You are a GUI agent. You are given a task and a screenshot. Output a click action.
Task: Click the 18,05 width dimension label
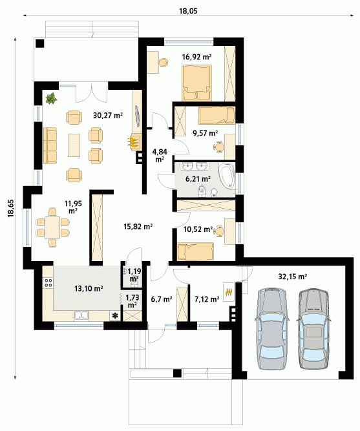[188, 11]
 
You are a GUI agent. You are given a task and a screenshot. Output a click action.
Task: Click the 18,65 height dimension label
[11, 208]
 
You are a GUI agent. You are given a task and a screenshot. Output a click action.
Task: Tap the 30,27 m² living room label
[108, 115]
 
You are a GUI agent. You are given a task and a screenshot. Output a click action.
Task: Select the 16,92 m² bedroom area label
[196, 57]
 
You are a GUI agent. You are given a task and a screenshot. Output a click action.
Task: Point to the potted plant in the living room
[51, 98]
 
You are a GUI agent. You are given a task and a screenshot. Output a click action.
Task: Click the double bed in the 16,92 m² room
[196, 83]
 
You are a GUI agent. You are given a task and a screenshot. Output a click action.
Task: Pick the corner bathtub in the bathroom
[228, 176]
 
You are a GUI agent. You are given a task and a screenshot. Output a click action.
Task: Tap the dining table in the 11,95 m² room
[52, 227]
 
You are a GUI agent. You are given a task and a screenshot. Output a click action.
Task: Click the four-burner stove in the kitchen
[48, 282]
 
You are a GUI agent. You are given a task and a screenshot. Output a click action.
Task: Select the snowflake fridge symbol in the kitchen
[114, 316]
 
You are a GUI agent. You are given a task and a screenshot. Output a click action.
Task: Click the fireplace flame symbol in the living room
[133, 142]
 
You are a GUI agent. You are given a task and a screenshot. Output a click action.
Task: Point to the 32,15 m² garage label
[293, 277]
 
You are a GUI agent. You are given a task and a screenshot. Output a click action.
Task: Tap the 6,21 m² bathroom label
[198, 179]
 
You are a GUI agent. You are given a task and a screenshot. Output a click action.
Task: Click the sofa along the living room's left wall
[50, 145]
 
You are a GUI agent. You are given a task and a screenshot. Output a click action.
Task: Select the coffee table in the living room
[74, 145]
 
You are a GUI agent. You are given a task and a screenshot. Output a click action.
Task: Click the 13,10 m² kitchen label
[89, 289]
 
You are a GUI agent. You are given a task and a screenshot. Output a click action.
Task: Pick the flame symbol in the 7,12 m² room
[229, 292]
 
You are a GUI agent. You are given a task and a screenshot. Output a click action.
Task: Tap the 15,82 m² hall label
[138, 227]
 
